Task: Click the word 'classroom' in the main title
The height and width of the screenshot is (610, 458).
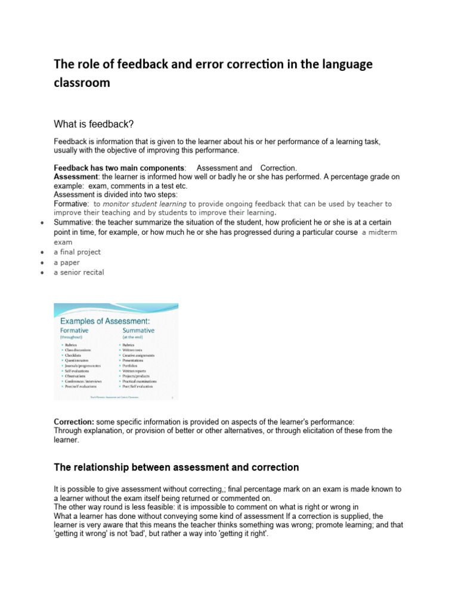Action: [x=82, y=83]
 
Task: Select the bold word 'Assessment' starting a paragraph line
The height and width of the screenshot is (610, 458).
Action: [x=76, y=177]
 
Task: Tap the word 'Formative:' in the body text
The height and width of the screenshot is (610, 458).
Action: [x=72, y=204]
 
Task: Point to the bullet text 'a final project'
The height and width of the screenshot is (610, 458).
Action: [x=78, y=252]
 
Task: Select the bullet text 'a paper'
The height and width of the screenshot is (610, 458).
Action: [x=67, y=262]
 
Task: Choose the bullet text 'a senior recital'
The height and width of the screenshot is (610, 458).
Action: [x=79, y=272]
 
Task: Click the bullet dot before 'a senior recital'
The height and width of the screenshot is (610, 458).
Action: [x=41, y=273]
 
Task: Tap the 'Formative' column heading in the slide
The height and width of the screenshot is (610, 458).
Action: [x=75, y=330]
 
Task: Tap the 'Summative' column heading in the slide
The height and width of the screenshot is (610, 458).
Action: [x=138, y=330]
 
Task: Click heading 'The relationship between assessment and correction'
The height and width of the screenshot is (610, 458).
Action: [x=177, y=467]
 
